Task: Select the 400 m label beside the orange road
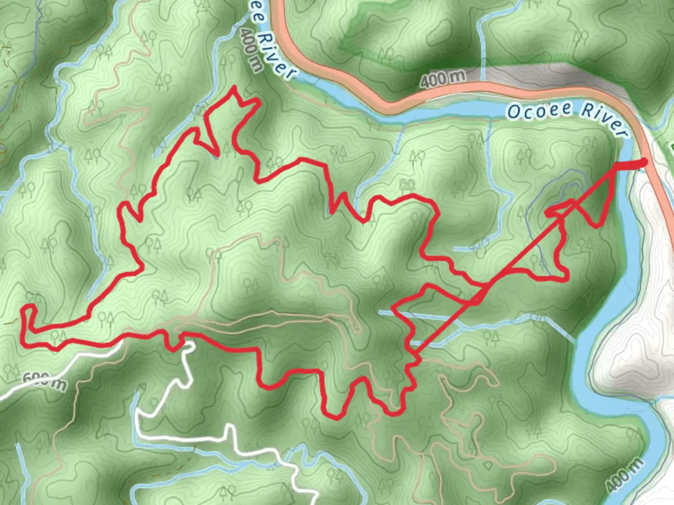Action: [x=442, y=79]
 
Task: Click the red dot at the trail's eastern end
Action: [x=644, y=162]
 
